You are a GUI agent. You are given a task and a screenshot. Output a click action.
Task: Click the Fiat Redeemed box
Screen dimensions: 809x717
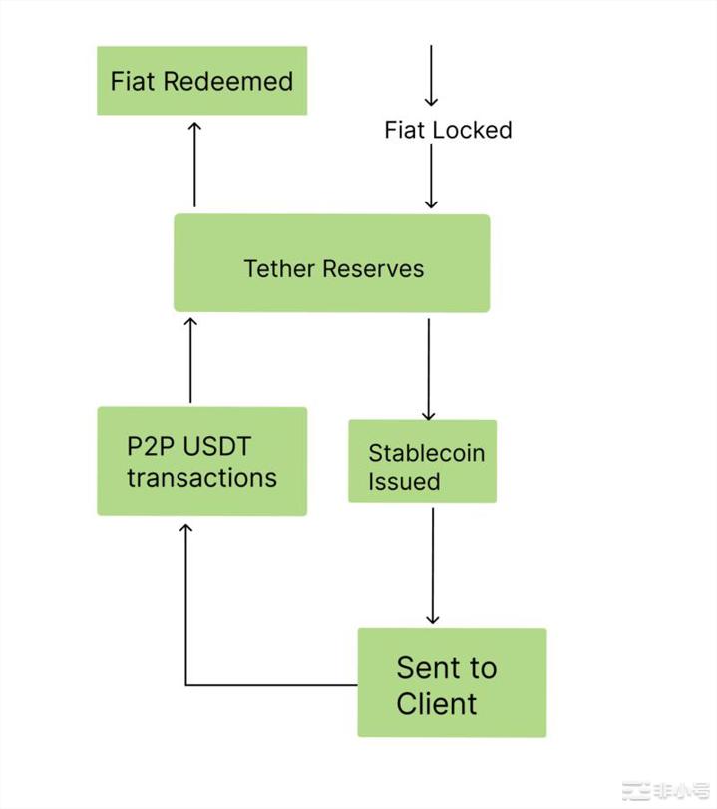(x=201, y=80)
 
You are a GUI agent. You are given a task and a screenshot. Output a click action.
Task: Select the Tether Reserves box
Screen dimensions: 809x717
(x=331, y=263)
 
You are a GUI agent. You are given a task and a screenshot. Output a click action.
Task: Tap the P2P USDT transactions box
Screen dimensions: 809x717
(x=201, y=461)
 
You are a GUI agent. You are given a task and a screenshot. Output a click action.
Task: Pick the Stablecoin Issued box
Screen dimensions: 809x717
(x=422, y=461)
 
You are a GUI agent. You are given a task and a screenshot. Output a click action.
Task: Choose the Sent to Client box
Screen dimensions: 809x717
(x=452, y=683)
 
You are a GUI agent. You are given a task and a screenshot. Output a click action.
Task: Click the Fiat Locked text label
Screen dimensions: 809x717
(x=448, y=130)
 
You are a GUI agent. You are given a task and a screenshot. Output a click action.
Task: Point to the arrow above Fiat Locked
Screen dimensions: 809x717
(x=431, y=75)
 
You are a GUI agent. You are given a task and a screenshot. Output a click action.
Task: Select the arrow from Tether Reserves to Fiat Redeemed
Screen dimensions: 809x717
(x=194, y=165)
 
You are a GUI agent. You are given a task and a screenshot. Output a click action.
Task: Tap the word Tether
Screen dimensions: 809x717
(x=276, y=269)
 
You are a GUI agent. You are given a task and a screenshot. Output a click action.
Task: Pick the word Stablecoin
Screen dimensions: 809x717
(x=426, y=452)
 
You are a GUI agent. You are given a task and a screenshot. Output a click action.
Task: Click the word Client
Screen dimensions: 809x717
(x=437, y=703)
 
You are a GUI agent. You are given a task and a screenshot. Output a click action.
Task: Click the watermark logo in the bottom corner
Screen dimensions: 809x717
(x=666, y=791)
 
